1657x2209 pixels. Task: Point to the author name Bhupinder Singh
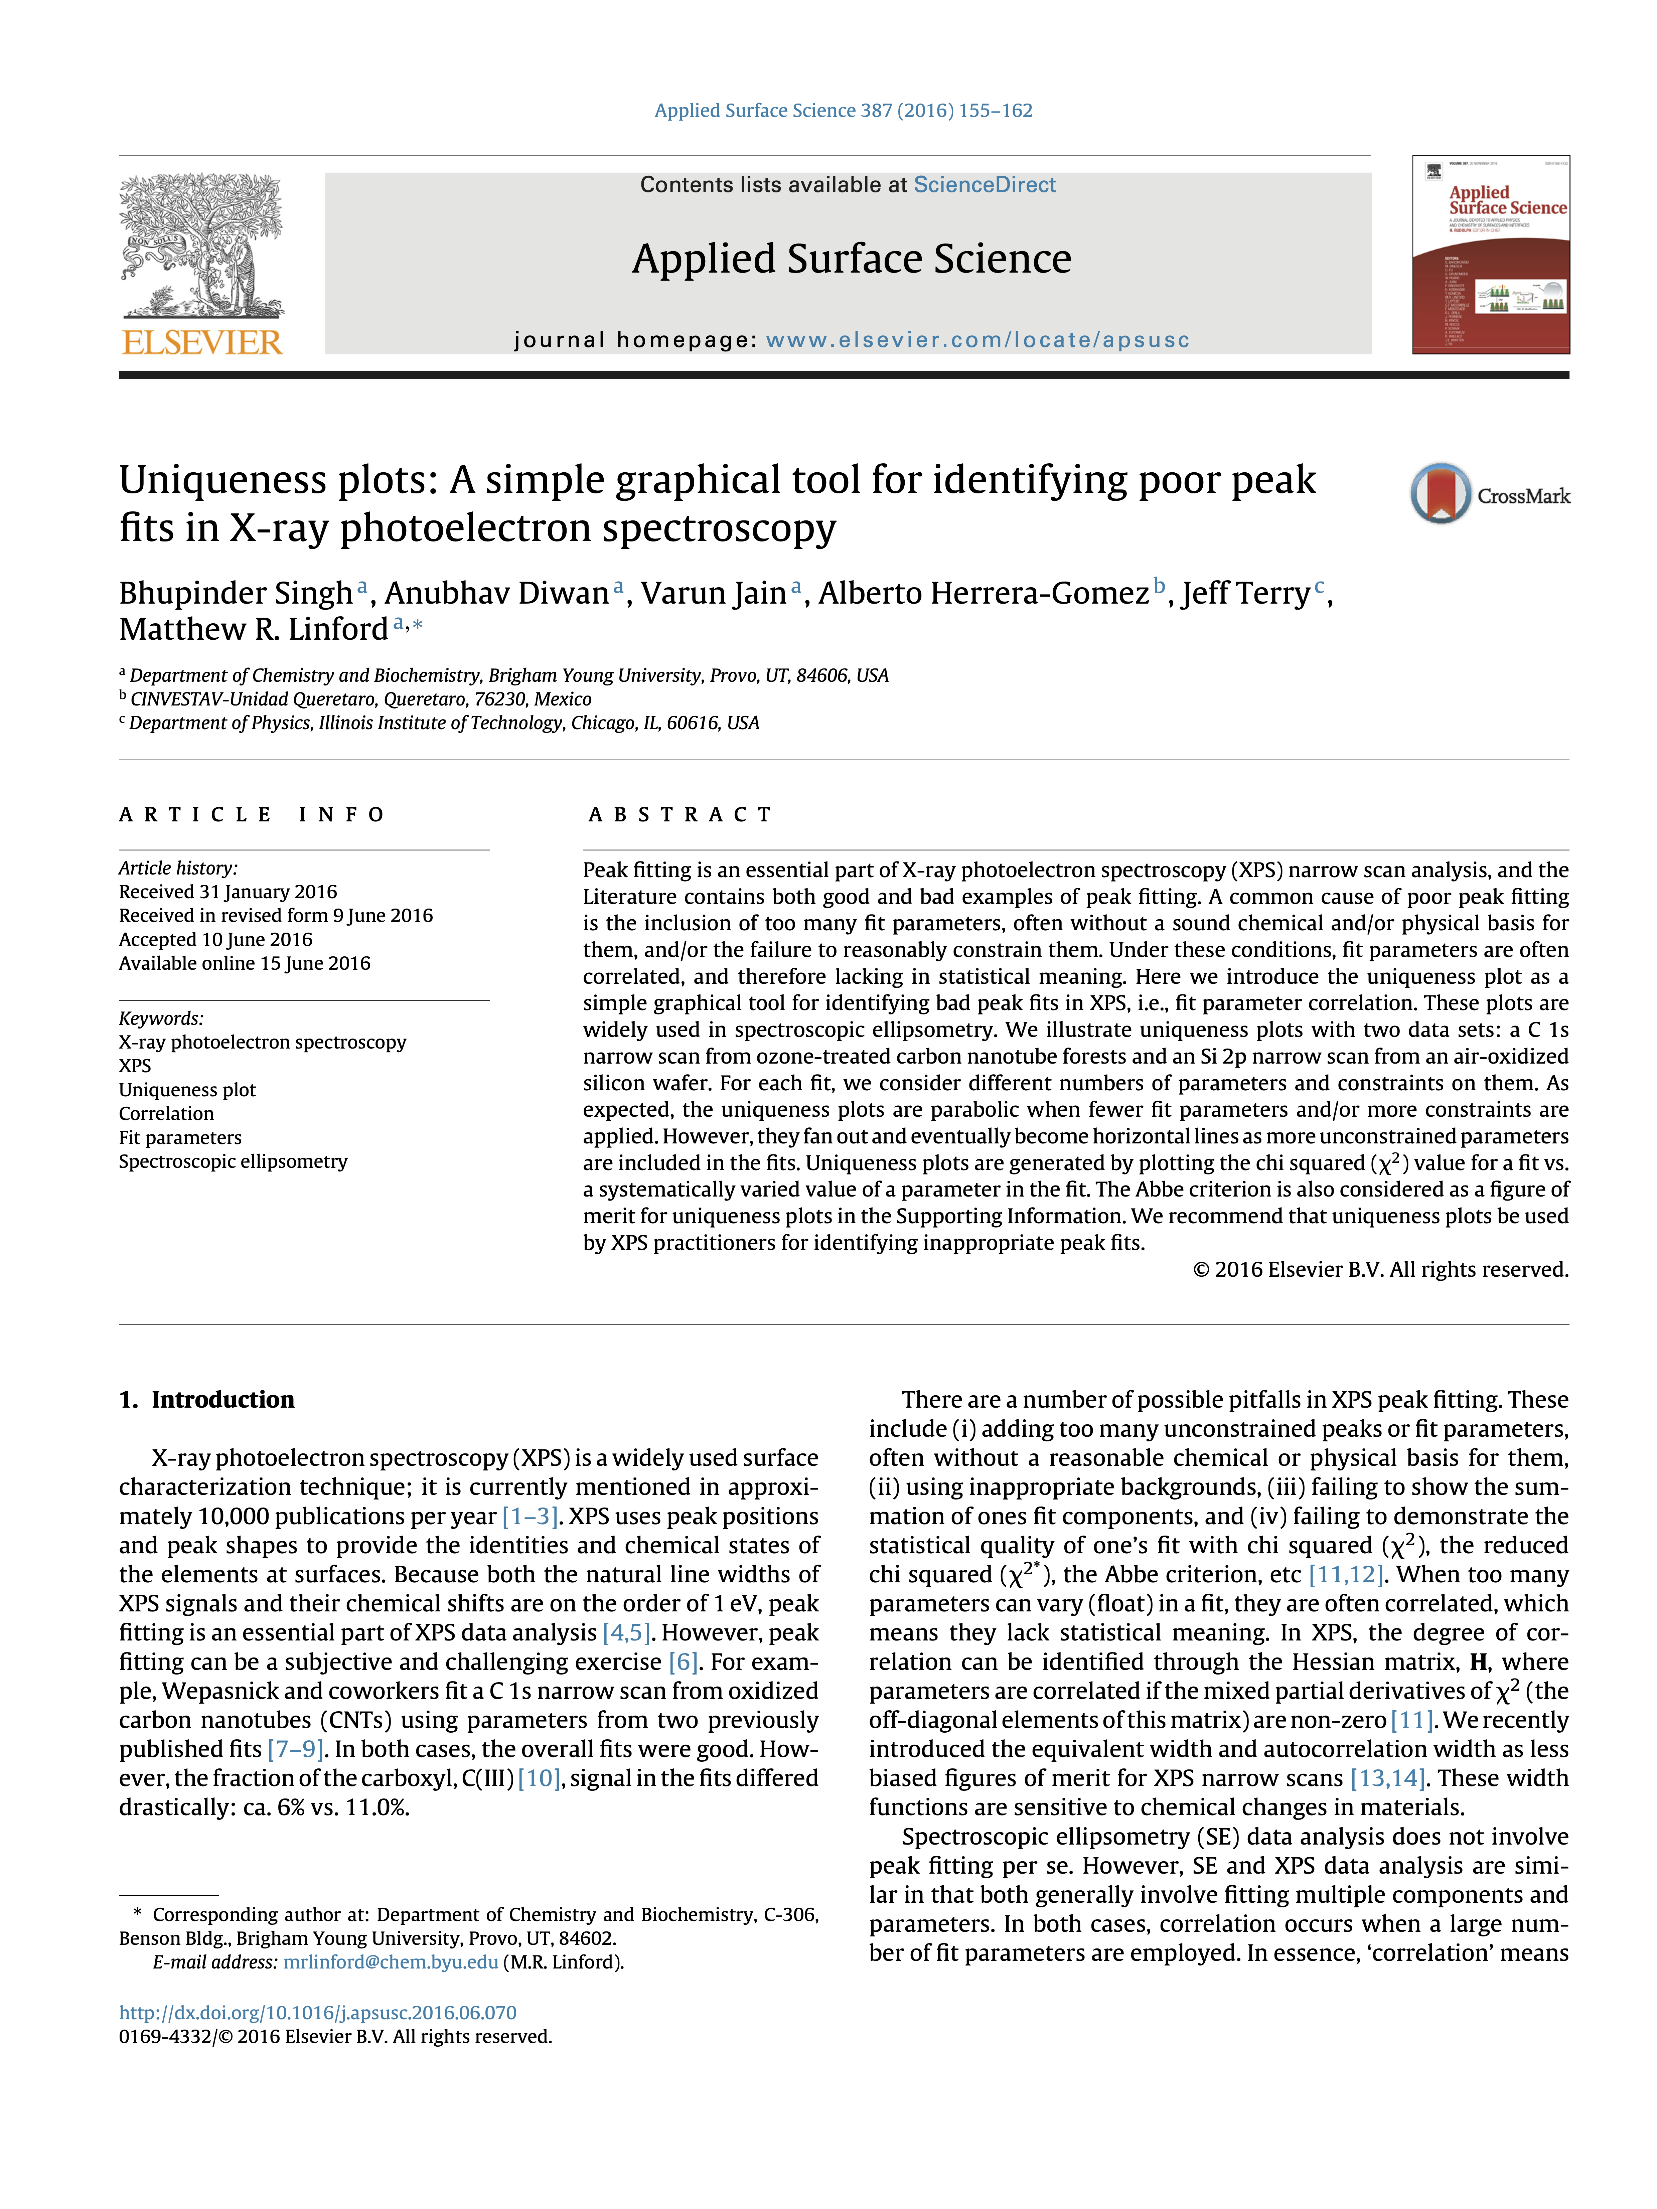pos(236,593)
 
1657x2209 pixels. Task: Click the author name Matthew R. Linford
pos(254,629)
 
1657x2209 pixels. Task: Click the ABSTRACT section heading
pos(680,815)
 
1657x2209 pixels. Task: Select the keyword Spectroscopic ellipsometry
pos(233,1161)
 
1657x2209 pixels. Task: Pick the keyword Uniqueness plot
pos(187,1090)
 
